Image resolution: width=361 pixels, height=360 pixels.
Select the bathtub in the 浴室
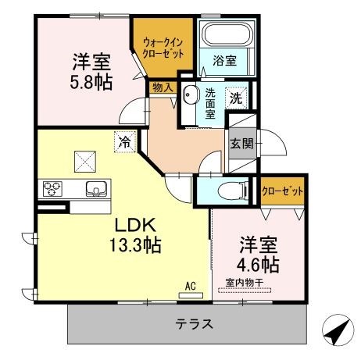click(x=227, y=35)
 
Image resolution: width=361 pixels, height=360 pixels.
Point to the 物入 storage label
click(x=163, y=87)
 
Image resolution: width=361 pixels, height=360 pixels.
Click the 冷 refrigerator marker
click(x=124, y=141)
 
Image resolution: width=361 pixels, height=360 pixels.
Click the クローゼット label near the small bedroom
click(x=282, y=191)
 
